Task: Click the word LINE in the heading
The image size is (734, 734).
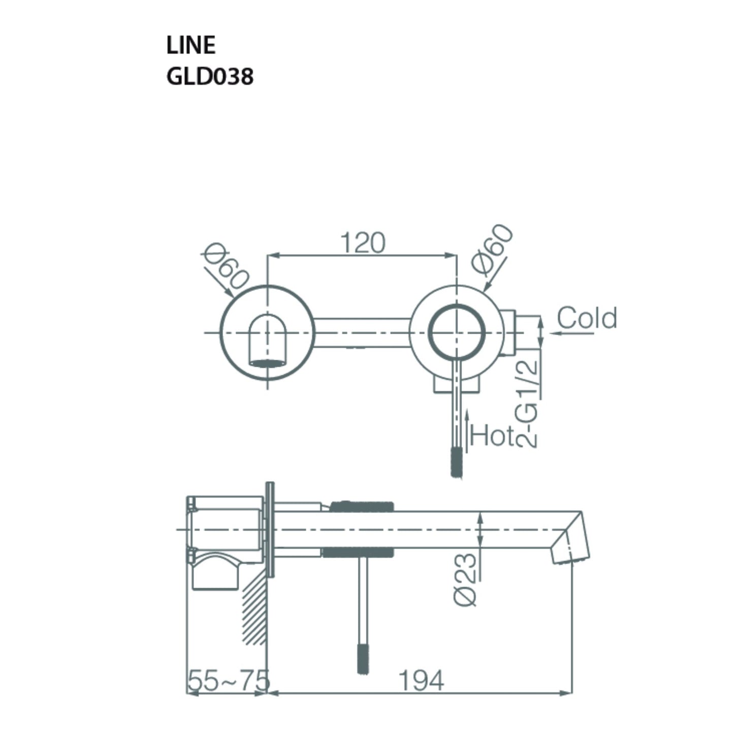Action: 190,45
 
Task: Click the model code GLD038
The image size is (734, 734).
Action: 209,77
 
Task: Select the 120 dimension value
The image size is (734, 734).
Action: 363,243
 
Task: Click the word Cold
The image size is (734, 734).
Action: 587,318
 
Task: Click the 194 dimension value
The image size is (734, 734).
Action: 421,680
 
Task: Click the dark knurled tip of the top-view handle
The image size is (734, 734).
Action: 457,461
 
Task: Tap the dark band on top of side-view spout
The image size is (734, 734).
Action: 362,506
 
